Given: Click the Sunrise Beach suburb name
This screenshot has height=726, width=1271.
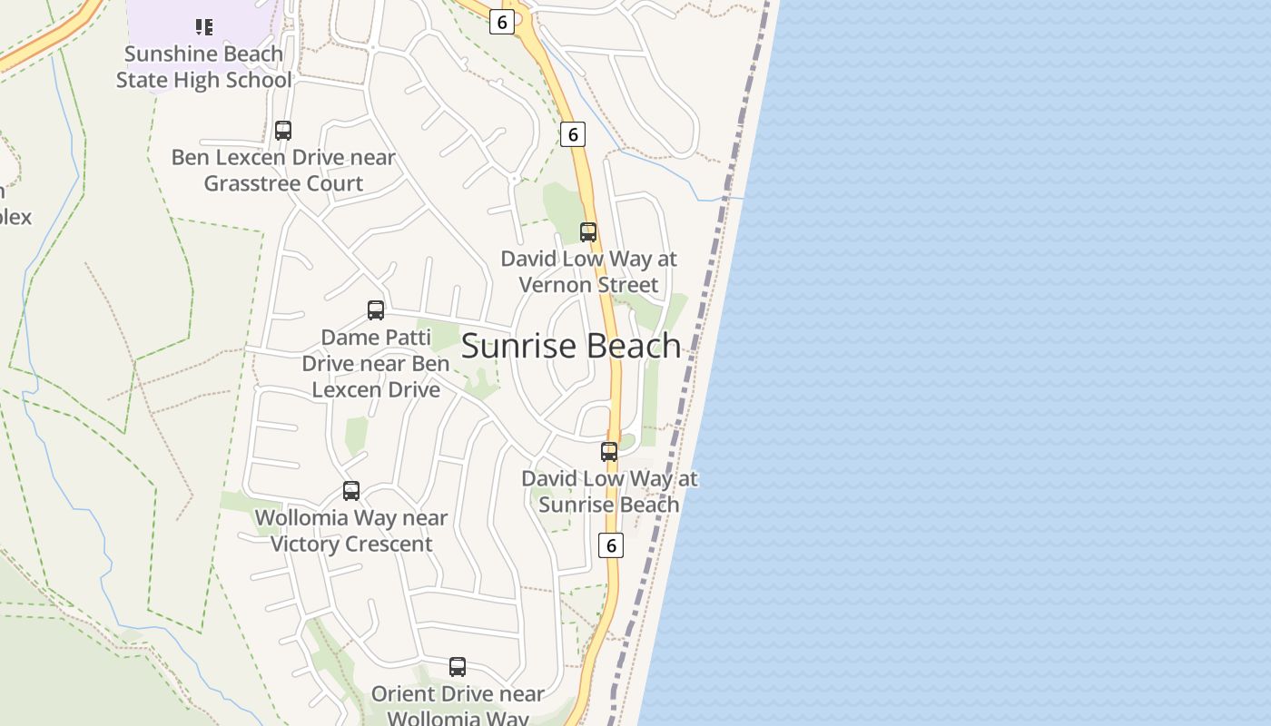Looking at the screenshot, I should pyautogui.click(x=571, y=346).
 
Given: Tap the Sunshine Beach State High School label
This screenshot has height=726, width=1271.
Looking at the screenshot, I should pyautogui.click(x=204, y=67).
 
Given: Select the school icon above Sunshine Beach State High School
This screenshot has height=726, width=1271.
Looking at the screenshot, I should pyautogui.click(x=204, y=27).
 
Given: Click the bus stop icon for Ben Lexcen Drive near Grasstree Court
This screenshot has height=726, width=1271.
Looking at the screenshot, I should pyautogui.click(x=283, y=131).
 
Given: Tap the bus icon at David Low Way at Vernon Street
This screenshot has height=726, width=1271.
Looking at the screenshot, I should pyautogui.click(x=588, y=232).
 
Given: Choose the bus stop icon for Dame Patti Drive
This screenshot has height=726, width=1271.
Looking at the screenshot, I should pyautogui.click(x=376, y=310).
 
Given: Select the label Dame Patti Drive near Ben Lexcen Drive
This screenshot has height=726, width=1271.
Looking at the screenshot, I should pyautogui.click(x=376, y=363).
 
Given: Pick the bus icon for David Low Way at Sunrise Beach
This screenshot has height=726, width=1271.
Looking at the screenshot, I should pyautogui.click(x=609, y=452).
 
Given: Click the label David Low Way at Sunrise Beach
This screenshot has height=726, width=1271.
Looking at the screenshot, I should pyautogui.click(x=609, y=491).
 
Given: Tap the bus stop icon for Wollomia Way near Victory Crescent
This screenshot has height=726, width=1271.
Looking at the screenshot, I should pyautogui.click(x=351, y=491).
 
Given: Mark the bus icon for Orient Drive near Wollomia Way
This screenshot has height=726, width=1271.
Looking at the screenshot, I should pyautogui.click(x=458, y=667).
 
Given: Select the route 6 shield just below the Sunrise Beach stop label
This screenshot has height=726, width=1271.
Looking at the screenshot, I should pyautogui.click(x=611, y=545).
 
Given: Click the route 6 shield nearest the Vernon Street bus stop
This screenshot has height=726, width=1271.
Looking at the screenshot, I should pyautogui.click(x=573, y=135).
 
